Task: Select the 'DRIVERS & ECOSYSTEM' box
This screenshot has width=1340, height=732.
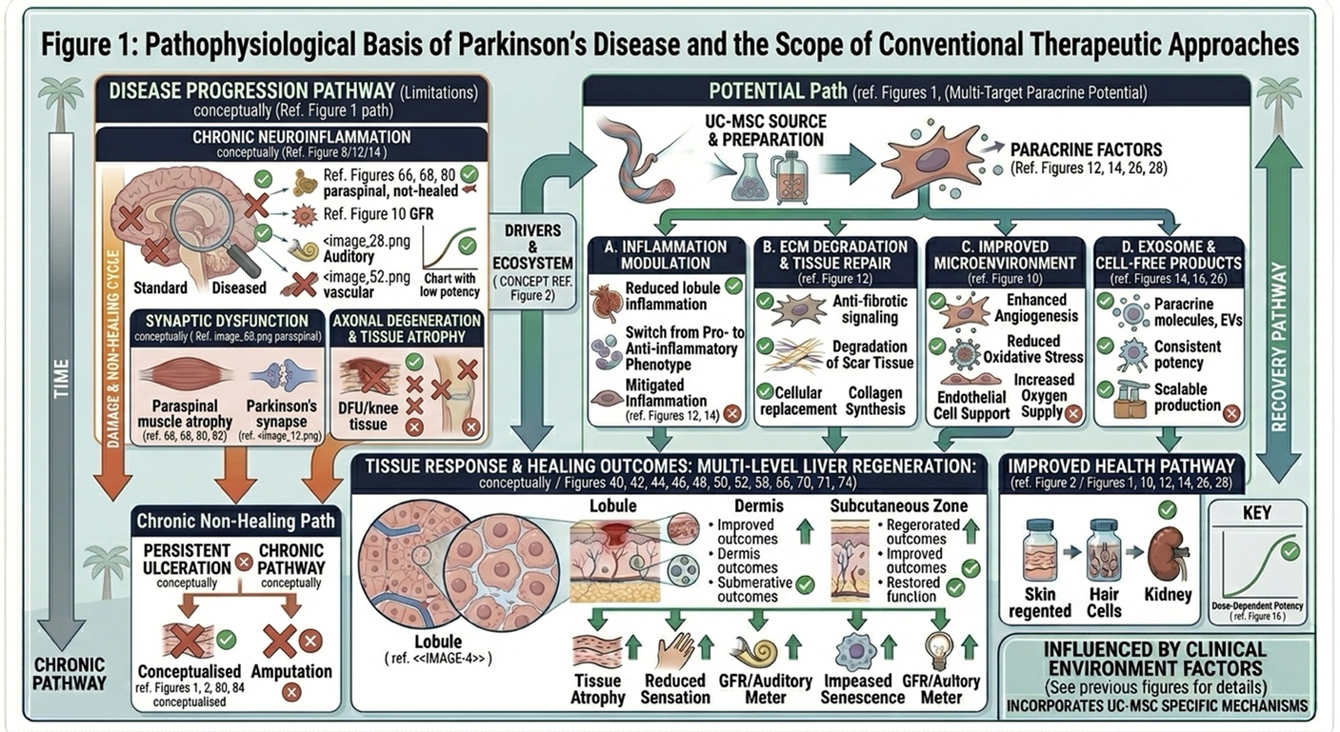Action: [532, 261]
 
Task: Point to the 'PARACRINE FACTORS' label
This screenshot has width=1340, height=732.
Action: [1086, 150]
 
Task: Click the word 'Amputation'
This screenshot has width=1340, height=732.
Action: [291, 671]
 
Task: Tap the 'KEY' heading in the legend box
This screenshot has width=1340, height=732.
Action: [1257, 513]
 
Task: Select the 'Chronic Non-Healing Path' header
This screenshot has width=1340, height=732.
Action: [235, 521]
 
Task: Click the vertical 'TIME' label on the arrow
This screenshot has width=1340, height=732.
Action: [62, 379]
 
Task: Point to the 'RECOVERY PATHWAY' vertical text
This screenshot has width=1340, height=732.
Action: [1279, 347]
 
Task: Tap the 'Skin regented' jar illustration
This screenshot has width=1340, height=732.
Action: [1041, 551]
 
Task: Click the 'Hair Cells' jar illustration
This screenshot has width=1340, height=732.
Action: [1103, 551]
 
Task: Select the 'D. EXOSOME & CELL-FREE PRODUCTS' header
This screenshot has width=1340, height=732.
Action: [1169, 255]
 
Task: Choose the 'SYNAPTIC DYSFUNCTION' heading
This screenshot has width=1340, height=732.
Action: [226, 321]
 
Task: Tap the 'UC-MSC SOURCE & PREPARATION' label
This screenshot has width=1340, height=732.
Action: [765, 131]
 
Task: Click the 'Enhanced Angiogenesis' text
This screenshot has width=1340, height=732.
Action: [1036, 308]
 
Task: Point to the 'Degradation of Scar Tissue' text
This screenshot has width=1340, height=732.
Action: [869, 354]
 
